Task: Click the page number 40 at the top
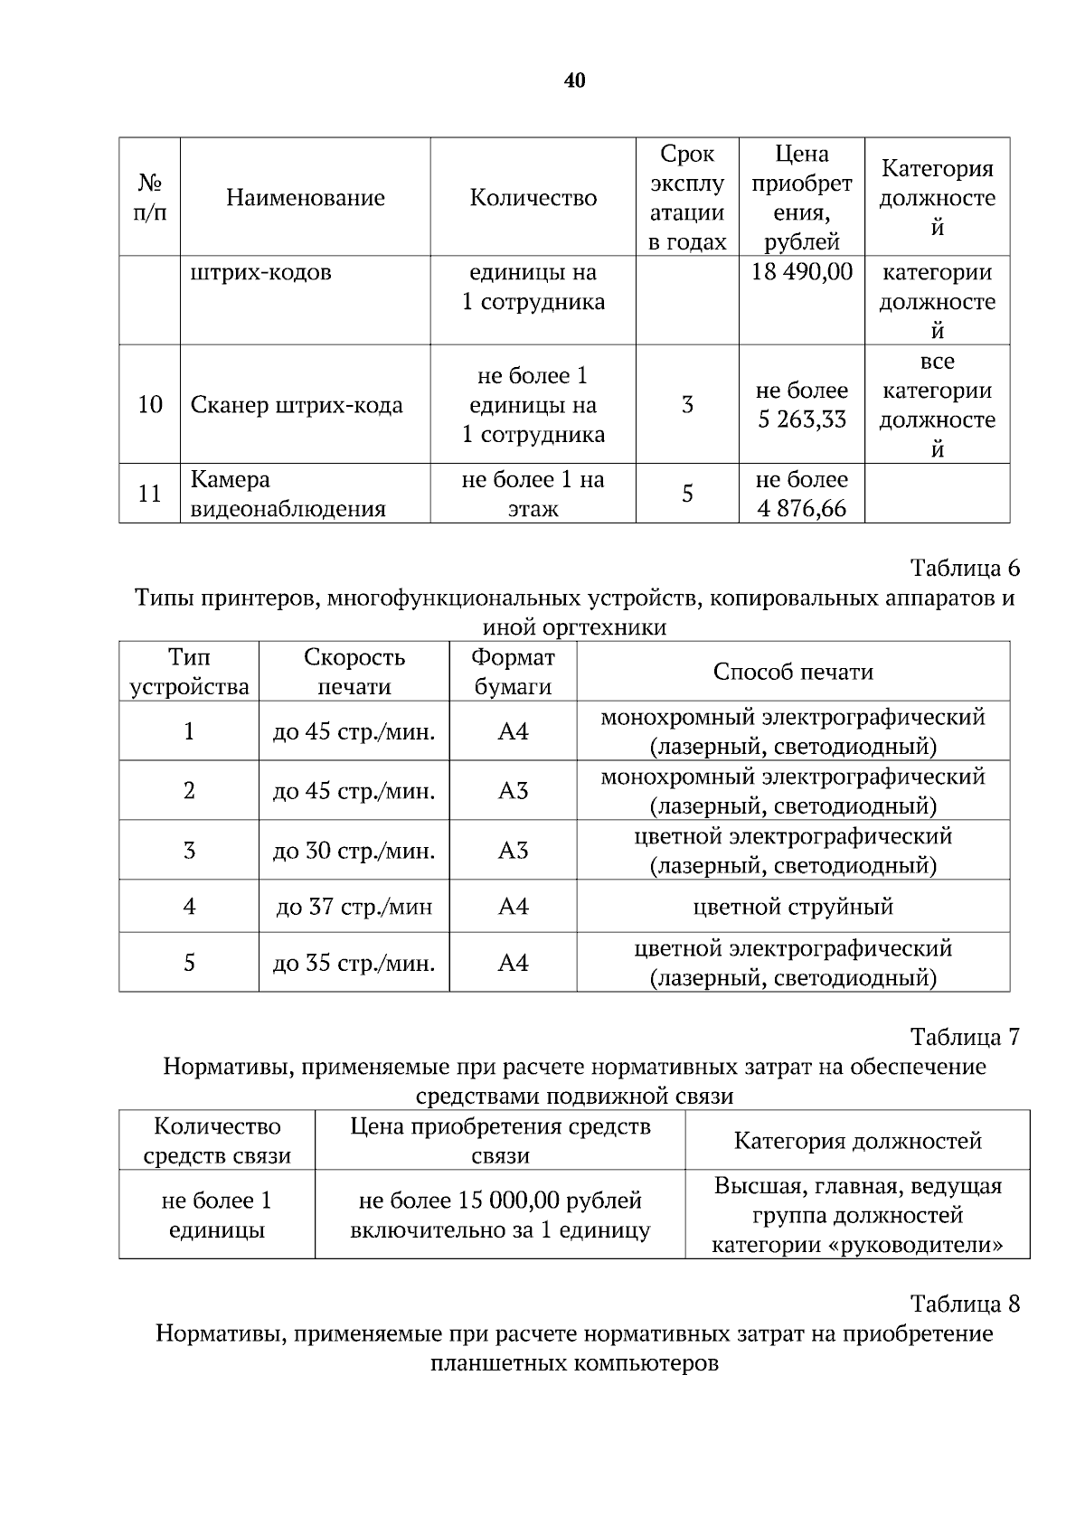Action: (574, 81)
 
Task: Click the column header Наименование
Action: (305, 198)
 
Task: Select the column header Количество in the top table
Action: (533, 198)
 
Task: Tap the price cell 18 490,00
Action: (801, 272)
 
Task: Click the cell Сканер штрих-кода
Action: (297, 405)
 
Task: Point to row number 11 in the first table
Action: (149, 494)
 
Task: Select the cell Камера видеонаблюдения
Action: (288, 494)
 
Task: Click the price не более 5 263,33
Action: (801, 405)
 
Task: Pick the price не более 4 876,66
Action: (801, 494)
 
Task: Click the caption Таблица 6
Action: (965, 568)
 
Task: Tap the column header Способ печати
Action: (793, 672)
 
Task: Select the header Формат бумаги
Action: (513, 672)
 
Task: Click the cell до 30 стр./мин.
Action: (354, 851)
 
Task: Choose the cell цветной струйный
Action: (793, 907)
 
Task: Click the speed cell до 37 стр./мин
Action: (354, 907)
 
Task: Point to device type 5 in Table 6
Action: (189, 963)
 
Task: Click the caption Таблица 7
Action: (965, 1036)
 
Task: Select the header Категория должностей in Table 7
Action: (857, 1141)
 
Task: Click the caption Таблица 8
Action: (965, 1304)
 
